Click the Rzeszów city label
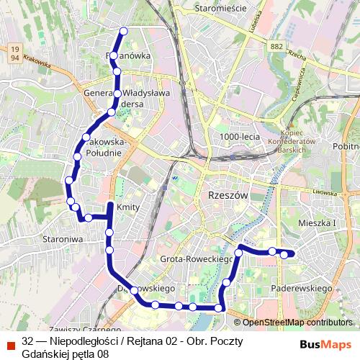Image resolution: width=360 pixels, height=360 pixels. click(226, 196)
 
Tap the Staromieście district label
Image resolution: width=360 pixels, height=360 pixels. click(220, 9)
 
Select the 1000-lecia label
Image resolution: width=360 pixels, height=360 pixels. click(240, 136)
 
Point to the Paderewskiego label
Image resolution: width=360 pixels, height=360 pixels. click(301, 288)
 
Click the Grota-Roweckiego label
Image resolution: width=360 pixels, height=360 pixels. click(195, 258)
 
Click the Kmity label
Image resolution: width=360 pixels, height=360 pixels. click(127, 207)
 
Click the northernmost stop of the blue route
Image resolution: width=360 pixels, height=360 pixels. click(123, 31)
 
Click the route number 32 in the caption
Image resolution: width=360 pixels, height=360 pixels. click(28, 340)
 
